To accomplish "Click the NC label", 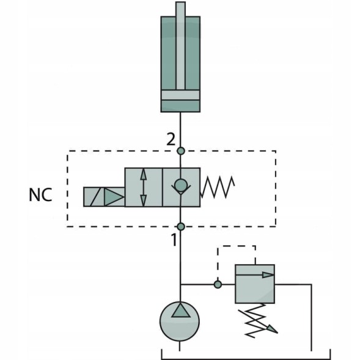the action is (40, 195).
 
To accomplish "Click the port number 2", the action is (171, 139).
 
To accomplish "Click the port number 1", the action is (174, 240).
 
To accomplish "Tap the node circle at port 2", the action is (181, 151).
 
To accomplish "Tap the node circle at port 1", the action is (181, 227).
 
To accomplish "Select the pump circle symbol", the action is (180, 321).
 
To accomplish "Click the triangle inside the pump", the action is (181, 310).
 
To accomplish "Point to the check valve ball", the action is (181, 185).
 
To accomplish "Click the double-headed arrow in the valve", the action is (143, 188).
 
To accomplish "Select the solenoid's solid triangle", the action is (114, 197).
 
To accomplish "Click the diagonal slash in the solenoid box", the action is (95, 197).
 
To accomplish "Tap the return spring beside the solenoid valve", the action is (218, 188).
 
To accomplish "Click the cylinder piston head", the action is (180, 95).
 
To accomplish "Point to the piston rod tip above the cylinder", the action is (180, 2).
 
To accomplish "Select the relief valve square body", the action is (255, 284).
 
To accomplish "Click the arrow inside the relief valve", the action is (255, 275).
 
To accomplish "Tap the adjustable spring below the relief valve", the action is (255, 320).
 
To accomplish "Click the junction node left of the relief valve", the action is (218, 284).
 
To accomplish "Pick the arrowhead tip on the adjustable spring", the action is (277, 332).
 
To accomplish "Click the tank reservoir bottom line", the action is (246, 359).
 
